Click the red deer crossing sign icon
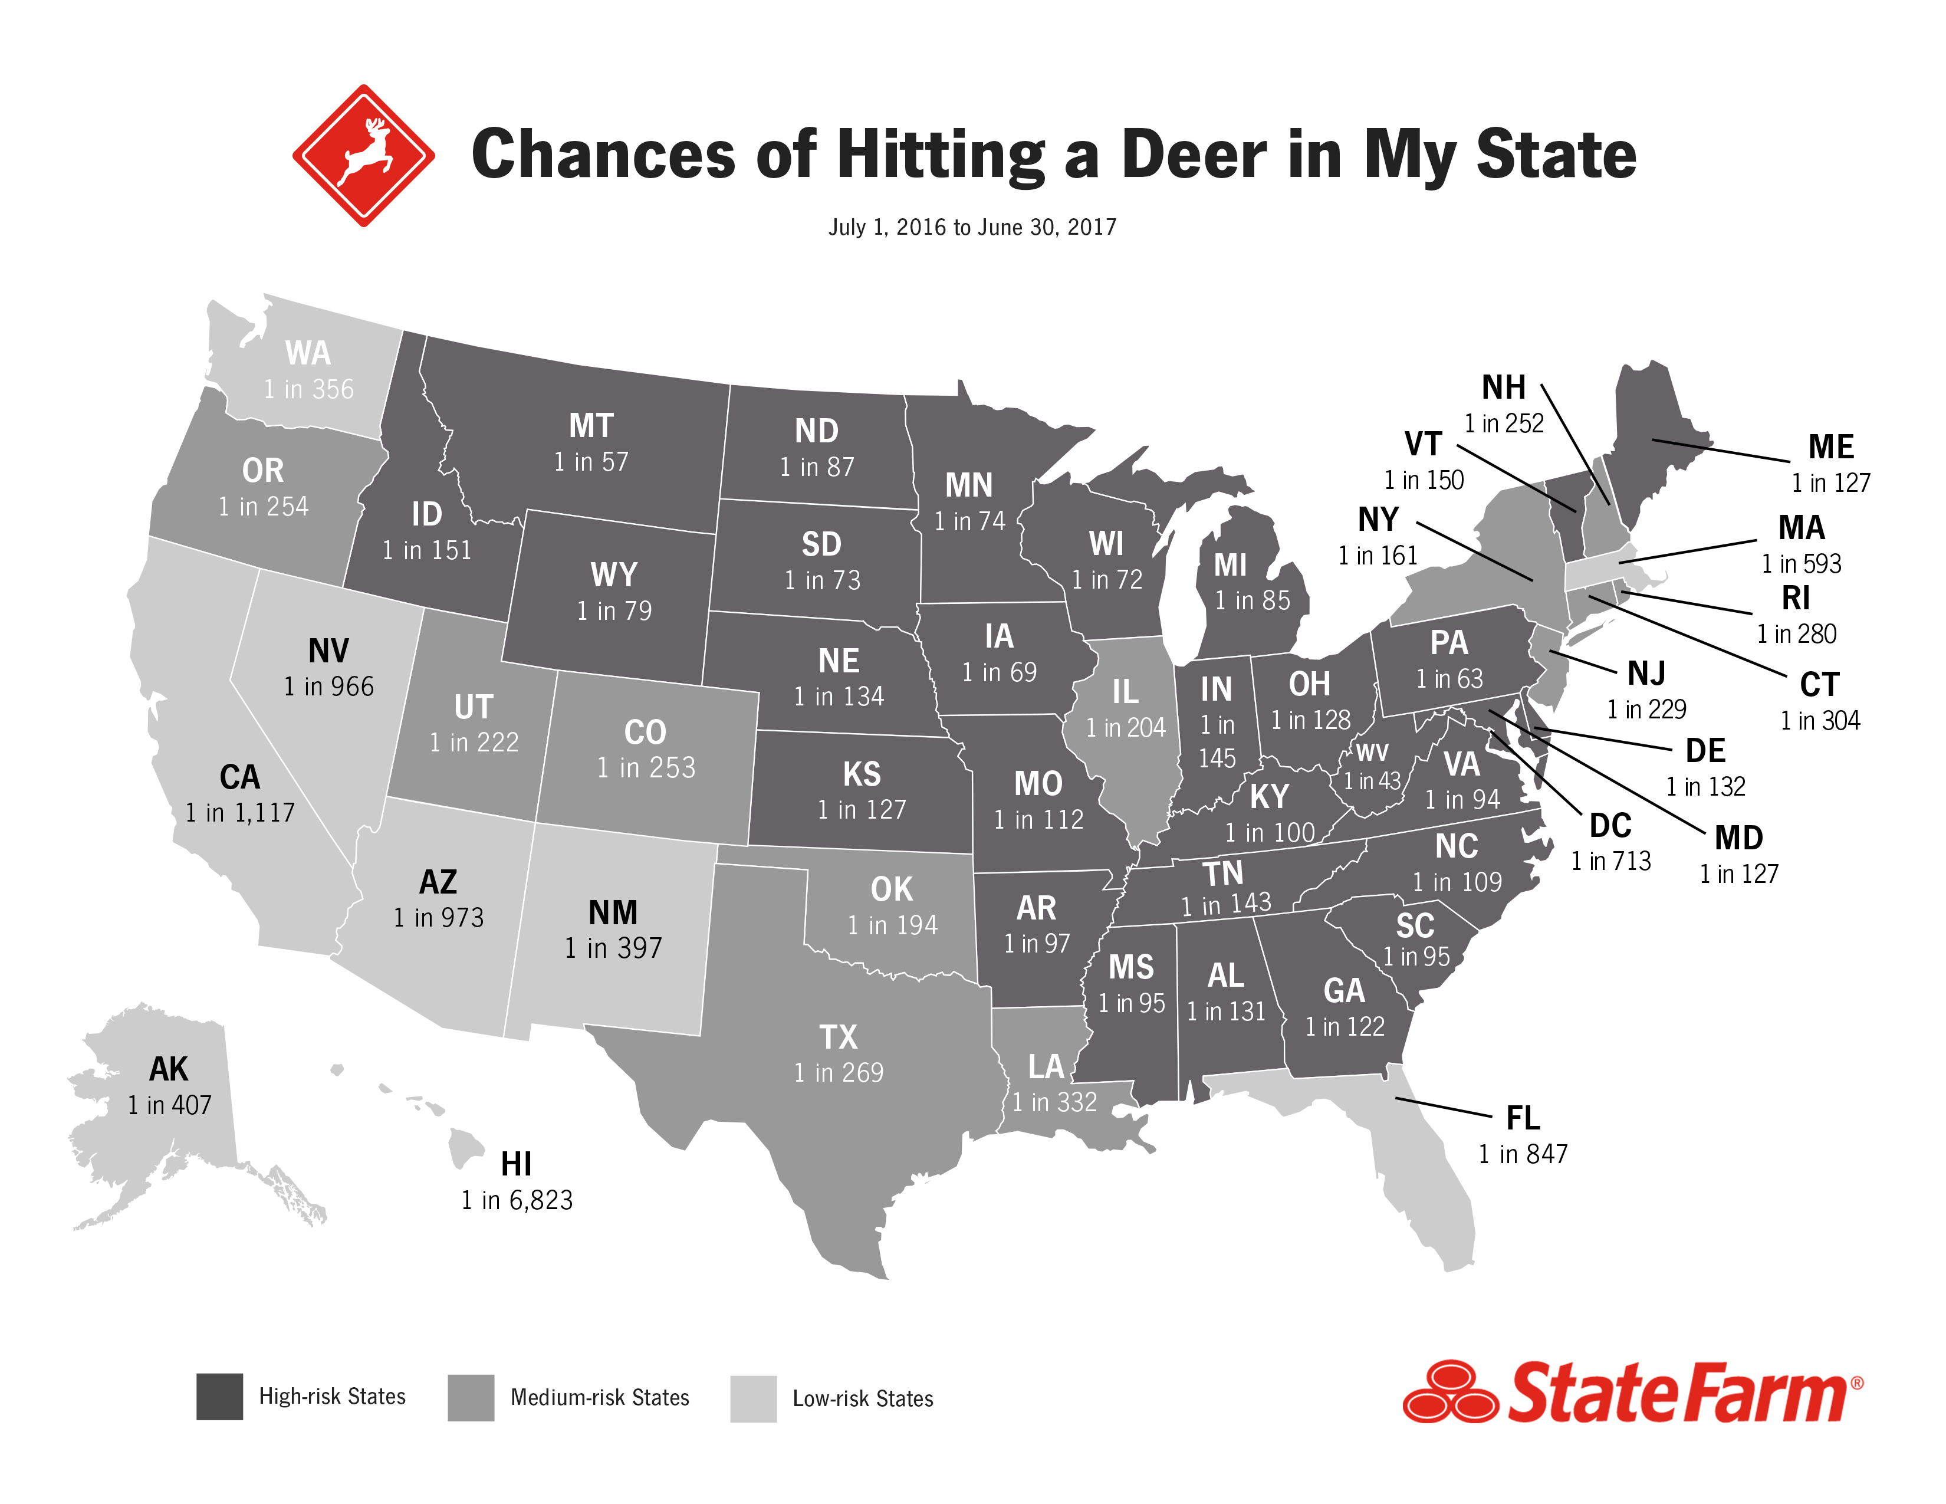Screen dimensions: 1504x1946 click(363, 156)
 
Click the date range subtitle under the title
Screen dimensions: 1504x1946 click(972, 227)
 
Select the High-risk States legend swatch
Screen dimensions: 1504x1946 click(219, 1396)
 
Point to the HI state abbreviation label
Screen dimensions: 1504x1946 click(516, 1164)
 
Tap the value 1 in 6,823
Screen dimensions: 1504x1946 click(517, 1200)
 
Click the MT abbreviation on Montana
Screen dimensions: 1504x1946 click(591, 426)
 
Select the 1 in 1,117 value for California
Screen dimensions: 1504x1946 click(239, 813)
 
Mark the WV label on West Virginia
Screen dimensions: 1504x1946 click(1371, 754)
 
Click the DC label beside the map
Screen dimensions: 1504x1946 click(1610, 826)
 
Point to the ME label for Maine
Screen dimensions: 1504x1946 click(1831, 446)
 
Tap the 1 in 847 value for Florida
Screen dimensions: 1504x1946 click(1523, 1154)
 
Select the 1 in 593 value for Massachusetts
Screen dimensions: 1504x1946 click(1801, 563)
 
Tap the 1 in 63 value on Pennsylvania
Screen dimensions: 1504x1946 click(1449, 679)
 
